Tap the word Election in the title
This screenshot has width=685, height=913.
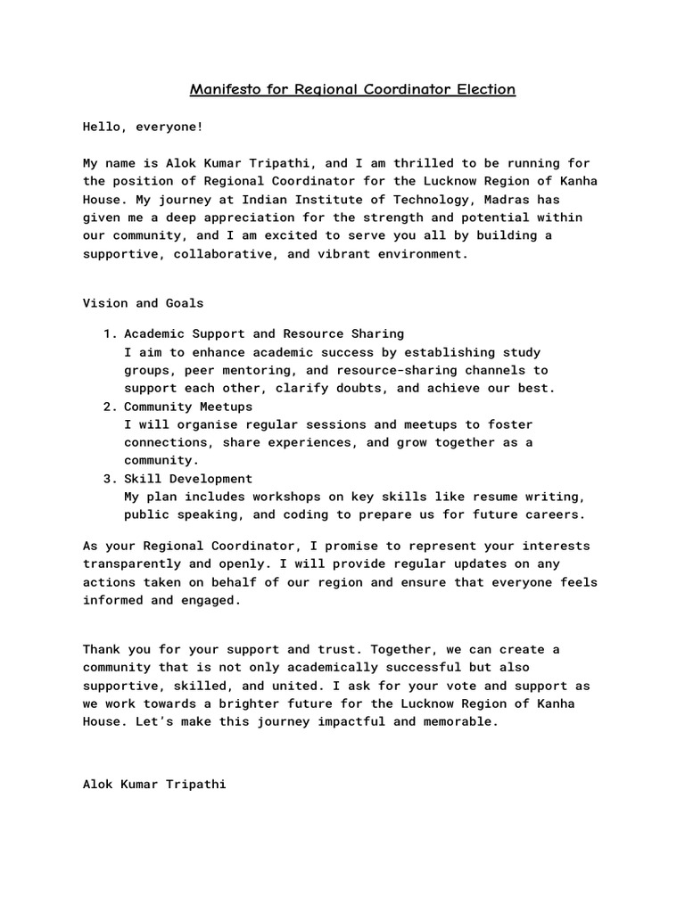(x=484, y=90)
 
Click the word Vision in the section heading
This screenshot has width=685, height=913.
(x=104, y=303)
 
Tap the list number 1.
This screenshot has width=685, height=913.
(x=109, y=333)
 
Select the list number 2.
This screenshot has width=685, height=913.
(x=109, y=407)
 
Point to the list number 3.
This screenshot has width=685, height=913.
(x=109, y=479)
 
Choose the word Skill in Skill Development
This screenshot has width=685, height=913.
(x=142, y=479)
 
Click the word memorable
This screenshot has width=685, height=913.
(x=462, y=722)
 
